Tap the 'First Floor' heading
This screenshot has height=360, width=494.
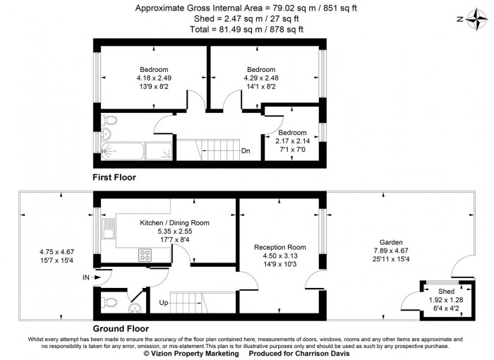pos(114,178)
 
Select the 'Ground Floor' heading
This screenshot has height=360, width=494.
pos(119,329)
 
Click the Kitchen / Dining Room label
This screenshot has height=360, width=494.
pos(174,222)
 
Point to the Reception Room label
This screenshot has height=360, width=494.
pos(280,247)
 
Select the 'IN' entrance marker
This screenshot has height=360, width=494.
pos(86,278)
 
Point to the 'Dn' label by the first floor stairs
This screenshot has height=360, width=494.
pos(245,151)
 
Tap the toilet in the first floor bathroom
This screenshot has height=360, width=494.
pos(107,132)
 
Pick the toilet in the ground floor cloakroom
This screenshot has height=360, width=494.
pos(109,304)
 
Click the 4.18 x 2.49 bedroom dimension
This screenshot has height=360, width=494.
pos(153,78)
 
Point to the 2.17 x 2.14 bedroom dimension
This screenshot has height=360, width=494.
pos(292,141)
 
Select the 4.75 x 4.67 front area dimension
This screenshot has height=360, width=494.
pos(57,251)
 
